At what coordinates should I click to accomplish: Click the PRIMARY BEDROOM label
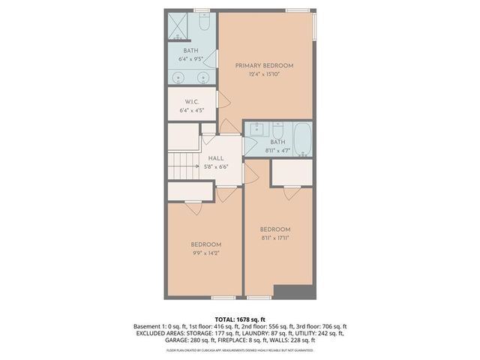[x=264, y=66]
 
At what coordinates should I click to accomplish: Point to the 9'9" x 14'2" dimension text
[x=205, y=253]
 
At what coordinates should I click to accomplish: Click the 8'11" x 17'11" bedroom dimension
[x=274, y=238]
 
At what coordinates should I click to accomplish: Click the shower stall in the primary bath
[x=177, y=27]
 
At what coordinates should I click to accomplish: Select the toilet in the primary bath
[x=202, y=24]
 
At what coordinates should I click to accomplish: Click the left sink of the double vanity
[x=178, y=78]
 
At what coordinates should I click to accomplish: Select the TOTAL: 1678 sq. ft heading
[x=239, y=319]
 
